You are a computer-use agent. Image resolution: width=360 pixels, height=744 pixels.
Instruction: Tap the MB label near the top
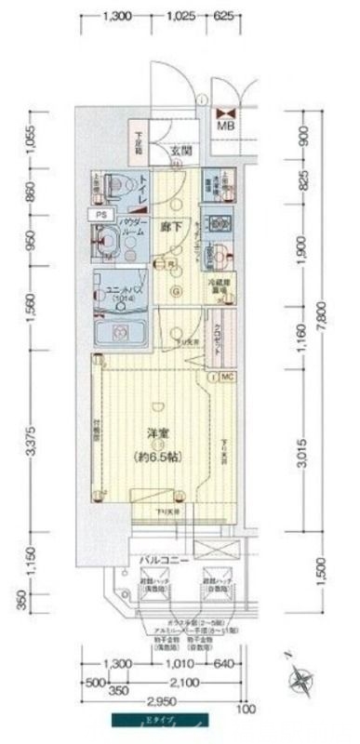226,126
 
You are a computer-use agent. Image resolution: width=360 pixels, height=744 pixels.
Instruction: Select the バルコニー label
166,560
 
